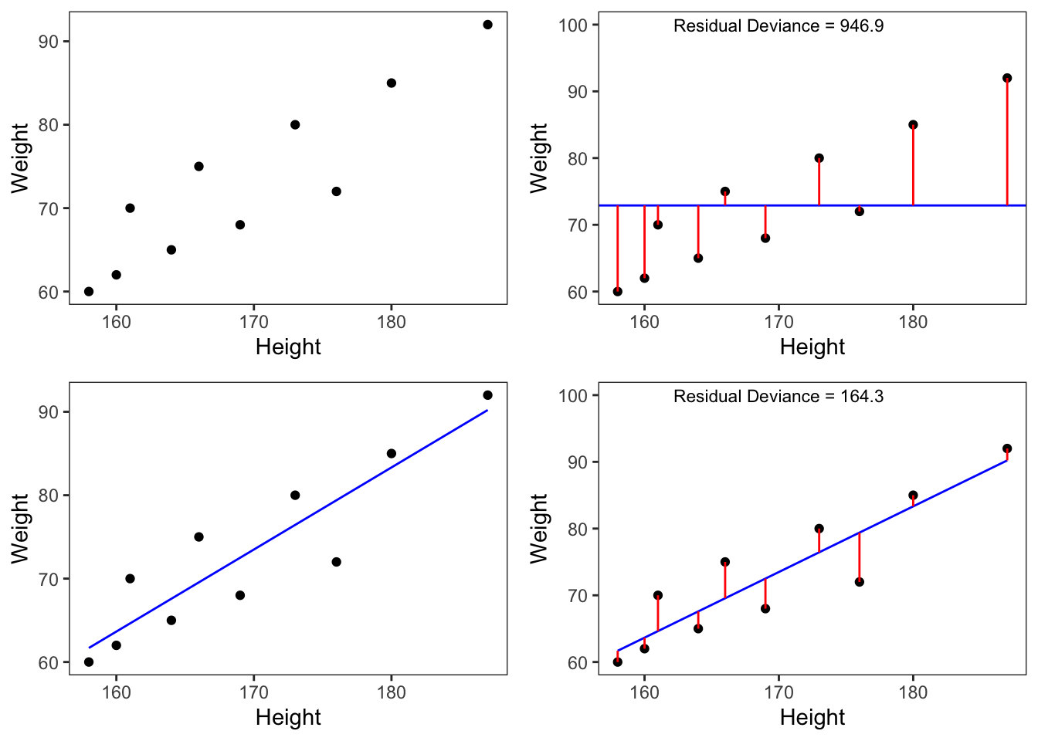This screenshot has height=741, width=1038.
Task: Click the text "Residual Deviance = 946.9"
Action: point(778,26)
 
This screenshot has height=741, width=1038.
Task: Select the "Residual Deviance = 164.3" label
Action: point(778,397)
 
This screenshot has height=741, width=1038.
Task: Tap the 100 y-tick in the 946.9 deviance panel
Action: point(573,25)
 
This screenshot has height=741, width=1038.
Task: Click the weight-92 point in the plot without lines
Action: point(487,25)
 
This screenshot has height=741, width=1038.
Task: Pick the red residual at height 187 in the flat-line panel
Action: point(1007,143)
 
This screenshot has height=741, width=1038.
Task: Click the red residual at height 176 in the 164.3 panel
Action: point(860,557)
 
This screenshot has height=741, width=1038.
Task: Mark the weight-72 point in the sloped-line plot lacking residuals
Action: point(336,562)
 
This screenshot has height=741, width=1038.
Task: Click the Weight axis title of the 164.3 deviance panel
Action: point(538,529)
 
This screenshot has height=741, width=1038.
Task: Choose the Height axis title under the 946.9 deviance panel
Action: point(812,347)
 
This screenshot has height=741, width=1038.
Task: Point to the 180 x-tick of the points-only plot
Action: point(392,322)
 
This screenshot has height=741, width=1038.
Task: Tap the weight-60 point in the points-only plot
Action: point(89,292)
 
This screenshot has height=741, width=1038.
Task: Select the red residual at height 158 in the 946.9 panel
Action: point(618,247)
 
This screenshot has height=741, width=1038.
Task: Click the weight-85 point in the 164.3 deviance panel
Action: point(913,496)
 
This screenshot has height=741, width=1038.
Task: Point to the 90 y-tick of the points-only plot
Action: point(49,42)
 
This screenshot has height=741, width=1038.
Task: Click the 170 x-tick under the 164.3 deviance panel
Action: point(778,692)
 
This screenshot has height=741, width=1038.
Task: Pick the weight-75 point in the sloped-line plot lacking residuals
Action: point(198,537)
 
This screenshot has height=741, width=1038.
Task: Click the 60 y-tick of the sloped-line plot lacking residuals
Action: point(49,662)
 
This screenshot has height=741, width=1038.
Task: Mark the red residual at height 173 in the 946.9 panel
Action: point(819,182)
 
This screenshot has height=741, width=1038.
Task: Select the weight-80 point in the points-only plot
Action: point(295,125)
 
